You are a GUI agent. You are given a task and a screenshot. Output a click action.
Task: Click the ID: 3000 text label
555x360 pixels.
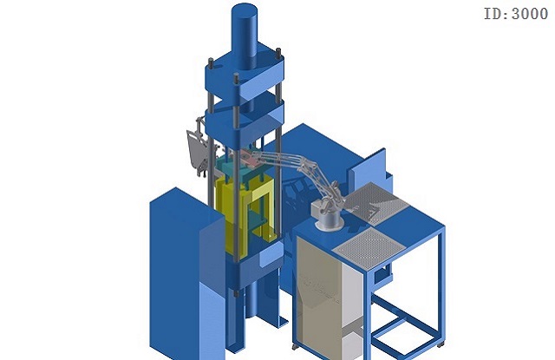click(x=516, y=14)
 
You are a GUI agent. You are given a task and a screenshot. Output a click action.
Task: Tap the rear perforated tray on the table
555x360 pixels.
click(x=375, y=203)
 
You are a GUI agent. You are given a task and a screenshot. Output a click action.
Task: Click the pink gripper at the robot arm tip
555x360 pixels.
click(x=251, y=159)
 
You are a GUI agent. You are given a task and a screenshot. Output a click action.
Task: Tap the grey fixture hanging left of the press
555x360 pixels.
click(x=199, y=147)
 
